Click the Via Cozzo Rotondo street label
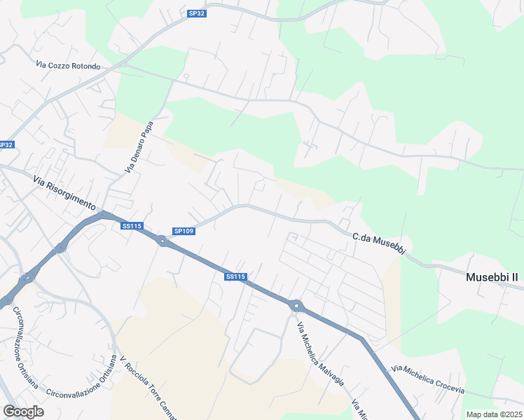(68, 66)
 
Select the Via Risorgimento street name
(63, 192)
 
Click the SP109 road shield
(184, 231)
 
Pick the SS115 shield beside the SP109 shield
(132, 226)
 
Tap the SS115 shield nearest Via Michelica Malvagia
(235, 277)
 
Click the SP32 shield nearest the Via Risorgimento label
(6, 145)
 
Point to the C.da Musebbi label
(379, 239)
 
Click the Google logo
(23, 412)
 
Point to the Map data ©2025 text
(494, 414)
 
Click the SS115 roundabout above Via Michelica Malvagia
(296, 305)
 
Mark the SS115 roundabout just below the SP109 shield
(163, 241)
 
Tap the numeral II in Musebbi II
(513, 277)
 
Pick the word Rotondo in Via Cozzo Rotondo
(84, 66)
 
